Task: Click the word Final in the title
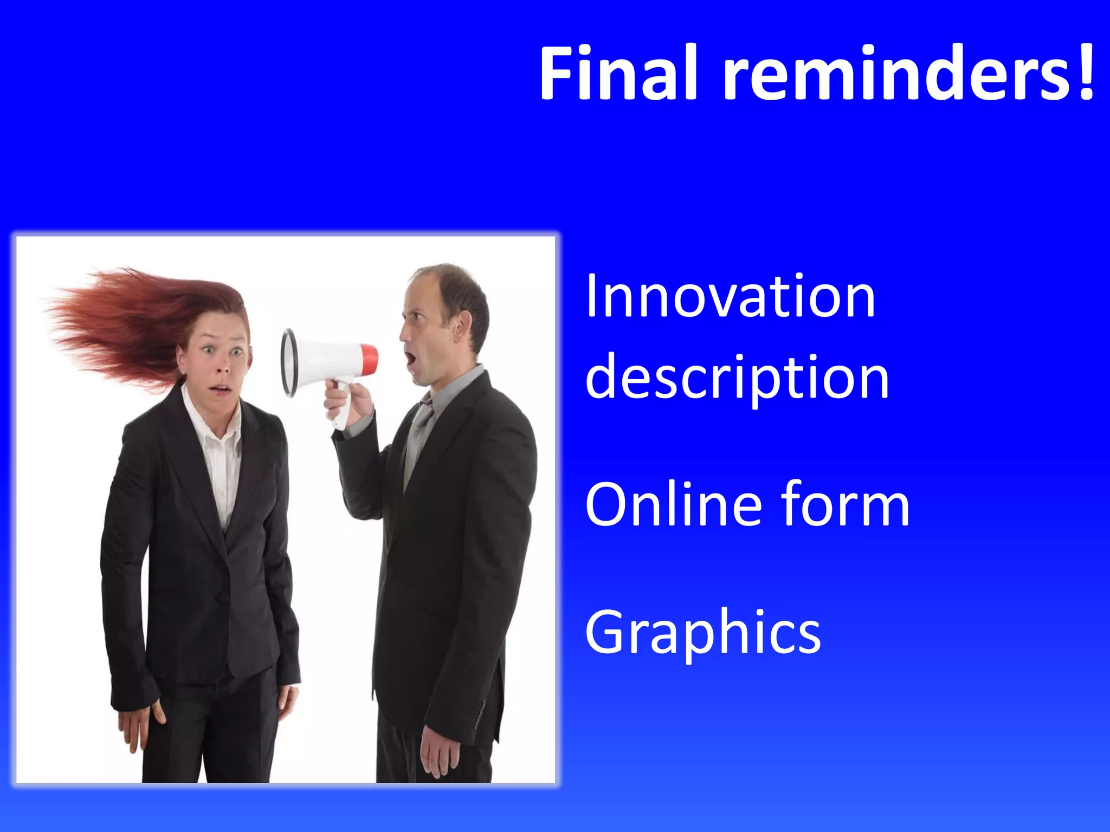click(618, 73)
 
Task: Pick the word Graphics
click(702, 633)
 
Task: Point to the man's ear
click(462, 325)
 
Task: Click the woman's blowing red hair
click(125, 320)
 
